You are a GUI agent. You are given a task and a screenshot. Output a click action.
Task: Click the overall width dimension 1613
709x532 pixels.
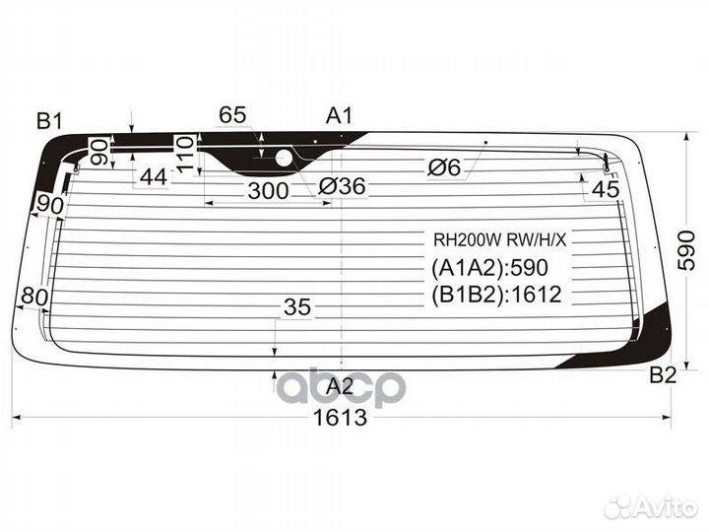[340, 417]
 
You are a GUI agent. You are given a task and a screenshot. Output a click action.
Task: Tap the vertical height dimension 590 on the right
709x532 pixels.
[686, 250]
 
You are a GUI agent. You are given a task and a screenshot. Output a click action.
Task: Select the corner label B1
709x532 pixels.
[49, 121]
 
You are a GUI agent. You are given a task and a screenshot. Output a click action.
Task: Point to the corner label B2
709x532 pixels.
[663, 375]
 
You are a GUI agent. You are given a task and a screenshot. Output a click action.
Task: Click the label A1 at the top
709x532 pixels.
[339, 116]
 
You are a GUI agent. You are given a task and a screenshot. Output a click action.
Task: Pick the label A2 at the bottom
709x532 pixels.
[340, 386]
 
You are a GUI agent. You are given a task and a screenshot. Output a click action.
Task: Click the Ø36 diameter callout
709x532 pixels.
[342, 186]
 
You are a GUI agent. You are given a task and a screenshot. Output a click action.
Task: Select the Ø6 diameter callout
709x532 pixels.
[444, 168]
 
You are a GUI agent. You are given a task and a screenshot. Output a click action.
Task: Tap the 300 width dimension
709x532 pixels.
[268, 191]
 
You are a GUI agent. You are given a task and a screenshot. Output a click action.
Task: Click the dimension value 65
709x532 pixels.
[232, 115]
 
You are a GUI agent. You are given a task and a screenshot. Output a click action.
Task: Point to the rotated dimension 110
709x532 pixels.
[185, 155]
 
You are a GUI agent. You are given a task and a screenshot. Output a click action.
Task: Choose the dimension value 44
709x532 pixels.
[154, 177]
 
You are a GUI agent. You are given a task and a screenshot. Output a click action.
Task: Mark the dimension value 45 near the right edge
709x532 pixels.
[606, 188]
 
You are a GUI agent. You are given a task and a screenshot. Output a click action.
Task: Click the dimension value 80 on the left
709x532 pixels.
[34, 298]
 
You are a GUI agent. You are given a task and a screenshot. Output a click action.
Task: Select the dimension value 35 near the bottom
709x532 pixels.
[297, 307]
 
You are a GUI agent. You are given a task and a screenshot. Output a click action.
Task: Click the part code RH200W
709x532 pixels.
[468, 239]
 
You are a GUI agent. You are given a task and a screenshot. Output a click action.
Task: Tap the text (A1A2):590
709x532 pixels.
[489, 268]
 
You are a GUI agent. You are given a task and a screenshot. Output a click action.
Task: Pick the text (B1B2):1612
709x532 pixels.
[496, 295]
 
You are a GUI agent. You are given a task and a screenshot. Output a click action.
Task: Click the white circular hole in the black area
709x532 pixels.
[285, 158]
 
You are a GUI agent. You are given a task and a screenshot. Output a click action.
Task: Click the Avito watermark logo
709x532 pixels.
[652, 507]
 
